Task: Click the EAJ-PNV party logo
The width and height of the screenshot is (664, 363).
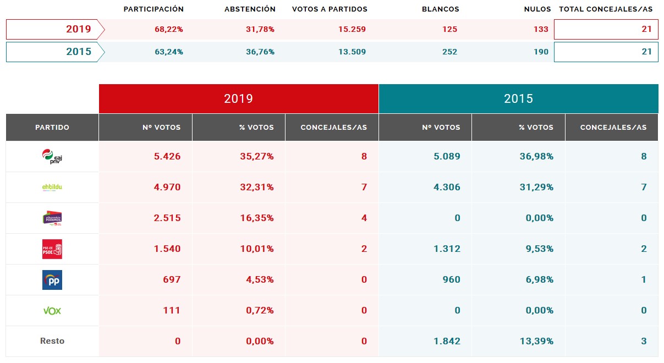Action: point(52,157)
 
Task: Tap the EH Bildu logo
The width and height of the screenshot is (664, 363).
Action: point(52,188)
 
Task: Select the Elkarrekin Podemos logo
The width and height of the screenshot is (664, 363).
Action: point(52,218)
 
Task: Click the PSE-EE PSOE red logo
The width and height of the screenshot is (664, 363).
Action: point(52,249)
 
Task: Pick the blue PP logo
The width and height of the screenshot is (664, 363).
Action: point(52,280)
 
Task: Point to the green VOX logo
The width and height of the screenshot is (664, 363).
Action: point(52,311)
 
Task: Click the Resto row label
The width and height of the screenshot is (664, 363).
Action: point(52,341)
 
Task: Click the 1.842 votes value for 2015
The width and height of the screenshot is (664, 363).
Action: point(446,341)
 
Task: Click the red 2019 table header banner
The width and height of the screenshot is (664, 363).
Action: point(239,98)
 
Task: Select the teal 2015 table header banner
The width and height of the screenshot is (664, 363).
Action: point(518,98)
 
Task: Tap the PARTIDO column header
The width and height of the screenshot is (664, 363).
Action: point(52,128)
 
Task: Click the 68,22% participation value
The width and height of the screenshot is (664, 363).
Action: point(169,30)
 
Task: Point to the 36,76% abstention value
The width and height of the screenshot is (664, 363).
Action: point(260,52)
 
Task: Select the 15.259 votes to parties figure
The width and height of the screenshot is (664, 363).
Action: point(352,30)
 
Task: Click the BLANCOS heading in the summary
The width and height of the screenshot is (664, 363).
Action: point(440,9)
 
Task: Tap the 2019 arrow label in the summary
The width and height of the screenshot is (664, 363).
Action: point(55,30)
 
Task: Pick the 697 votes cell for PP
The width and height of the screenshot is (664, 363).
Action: point(172,280)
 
